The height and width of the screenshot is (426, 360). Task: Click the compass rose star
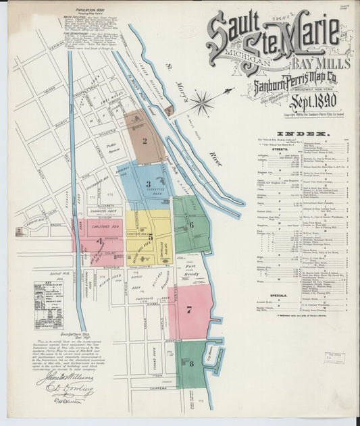click(x=201, y=104)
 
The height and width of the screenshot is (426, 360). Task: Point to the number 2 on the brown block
click(x=144, y=141)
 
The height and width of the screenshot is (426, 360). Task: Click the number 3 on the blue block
click(x=147, y=183)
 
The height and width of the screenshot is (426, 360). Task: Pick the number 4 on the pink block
click(x=100, y=240)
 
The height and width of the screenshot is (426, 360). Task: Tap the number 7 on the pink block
click(x=190, y=310)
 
